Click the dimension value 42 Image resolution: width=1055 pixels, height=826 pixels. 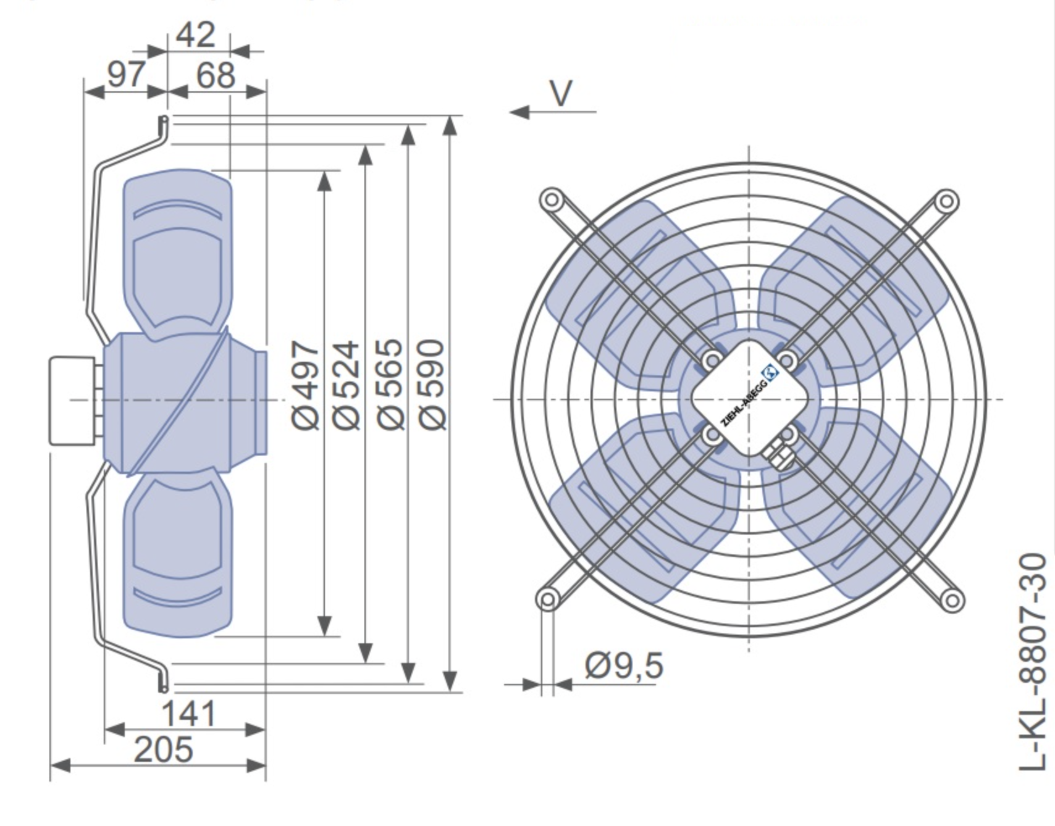pyautogui.click(x=196, y=35)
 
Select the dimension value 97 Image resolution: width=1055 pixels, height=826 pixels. pyautogui.click(x=127, y=75)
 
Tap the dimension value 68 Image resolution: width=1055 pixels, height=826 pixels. pyautogui.click(x=216, y=75)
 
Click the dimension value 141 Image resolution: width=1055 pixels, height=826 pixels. pyautogui.click(x=188, y=714)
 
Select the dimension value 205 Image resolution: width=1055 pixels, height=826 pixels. pyautogui.click(x=163, y=750)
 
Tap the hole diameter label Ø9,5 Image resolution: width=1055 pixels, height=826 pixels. pyautogui.click(x=624, y=665)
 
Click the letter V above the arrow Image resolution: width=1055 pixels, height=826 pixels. pyautogui.click(x=561, y=94)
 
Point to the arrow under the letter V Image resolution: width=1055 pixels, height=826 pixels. pyautogui.click(x=553, y=112)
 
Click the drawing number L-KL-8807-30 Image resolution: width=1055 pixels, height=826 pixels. pyautogui.click(x=1033, y=662)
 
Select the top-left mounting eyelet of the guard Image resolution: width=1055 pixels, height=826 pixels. pyautogui.click(x=551, y=201)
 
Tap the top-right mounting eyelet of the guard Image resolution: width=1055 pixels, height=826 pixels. pyautogui.click(x=946, y=202)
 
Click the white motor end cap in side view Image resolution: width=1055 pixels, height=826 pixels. pyautogui.click(x=72, y=400)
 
